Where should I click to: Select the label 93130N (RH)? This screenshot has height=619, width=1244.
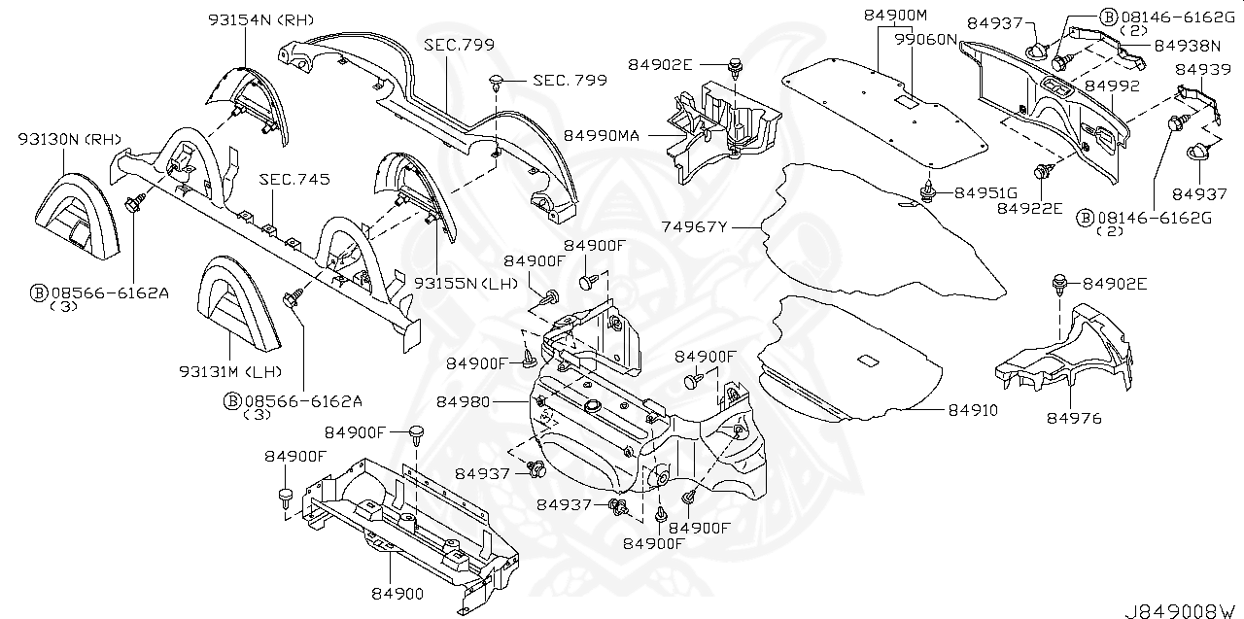click(x=66, y=139)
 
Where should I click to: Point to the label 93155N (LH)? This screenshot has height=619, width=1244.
click(x=466, y=283)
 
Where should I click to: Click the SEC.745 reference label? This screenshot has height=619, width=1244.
click(x=294, y=180)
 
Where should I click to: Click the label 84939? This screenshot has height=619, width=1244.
click(x=1202, y=69)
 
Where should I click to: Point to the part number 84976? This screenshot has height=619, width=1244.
click(x=1073, y=418)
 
